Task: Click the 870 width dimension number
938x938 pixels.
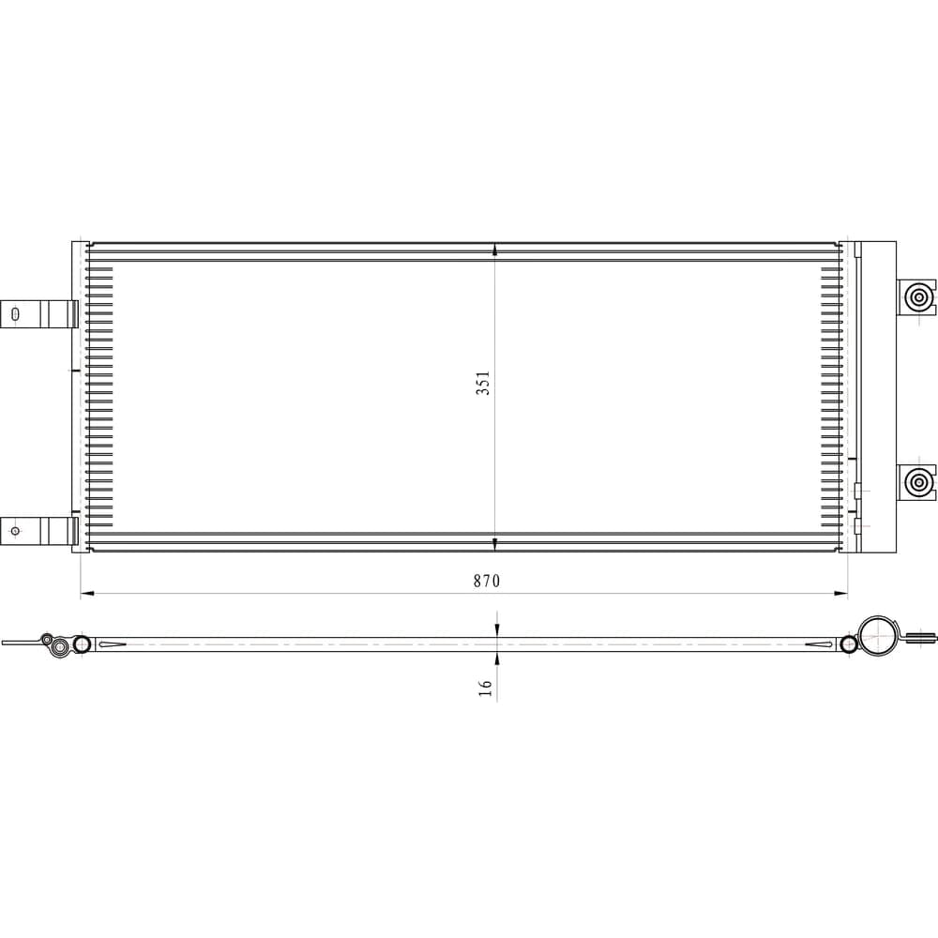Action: coord(486,581)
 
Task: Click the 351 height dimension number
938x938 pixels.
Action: coord(483,383)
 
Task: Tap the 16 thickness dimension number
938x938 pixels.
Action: coord(485,688)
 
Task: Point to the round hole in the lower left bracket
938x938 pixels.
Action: coord(16,531)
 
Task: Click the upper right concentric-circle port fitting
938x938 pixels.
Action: coord(916,296)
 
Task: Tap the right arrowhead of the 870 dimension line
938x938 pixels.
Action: coord(841,594)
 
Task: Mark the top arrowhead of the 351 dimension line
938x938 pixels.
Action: coord(494,250)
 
